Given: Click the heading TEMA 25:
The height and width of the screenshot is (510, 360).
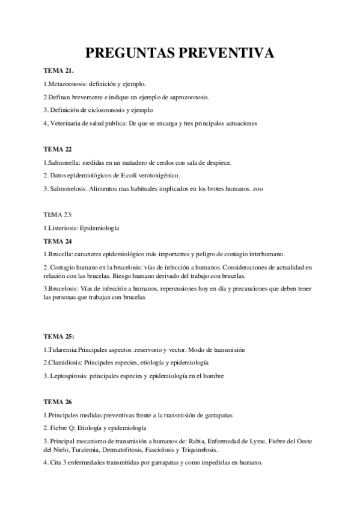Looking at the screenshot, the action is [59, 335].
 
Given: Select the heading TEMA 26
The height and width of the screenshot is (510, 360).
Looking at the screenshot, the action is [58, 401].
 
